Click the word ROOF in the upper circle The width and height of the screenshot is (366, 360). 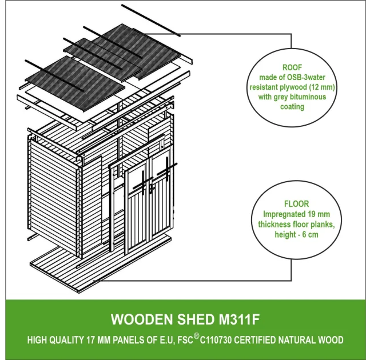point(292,66)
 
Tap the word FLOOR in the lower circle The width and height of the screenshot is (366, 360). point(296,203)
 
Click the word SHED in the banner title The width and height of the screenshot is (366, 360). point(184,318)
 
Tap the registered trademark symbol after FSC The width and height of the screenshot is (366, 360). point(196,337)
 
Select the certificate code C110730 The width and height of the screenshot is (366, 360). point(222,340)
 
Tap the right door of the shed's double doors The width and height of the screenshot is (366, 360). point(161,206)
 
